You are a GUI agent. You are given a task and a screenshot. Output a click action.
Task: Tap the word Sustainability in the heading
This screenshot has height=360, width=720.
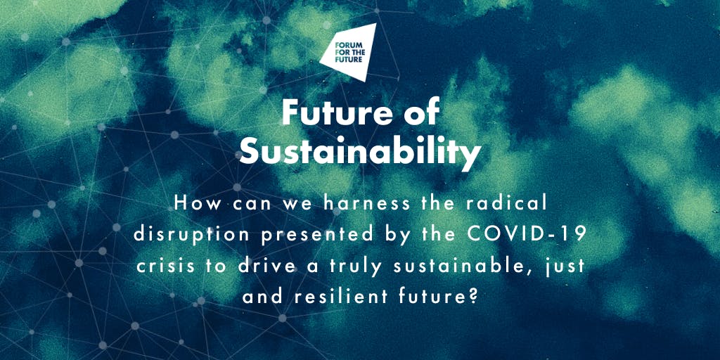point(360,152)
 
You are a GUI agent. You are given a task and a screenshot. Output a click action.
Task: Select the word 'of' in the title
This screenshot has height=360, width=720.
point(420,112)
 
